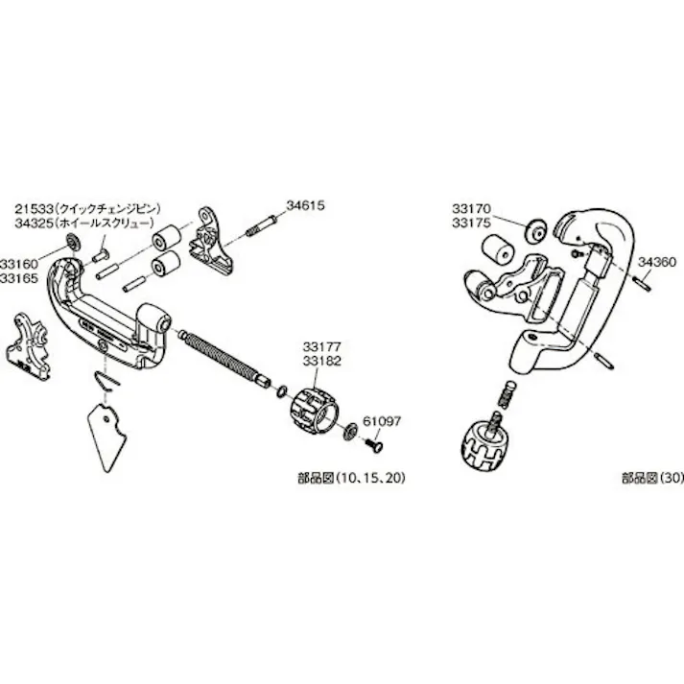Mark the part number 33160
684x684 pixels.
(x=19, y=259)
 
